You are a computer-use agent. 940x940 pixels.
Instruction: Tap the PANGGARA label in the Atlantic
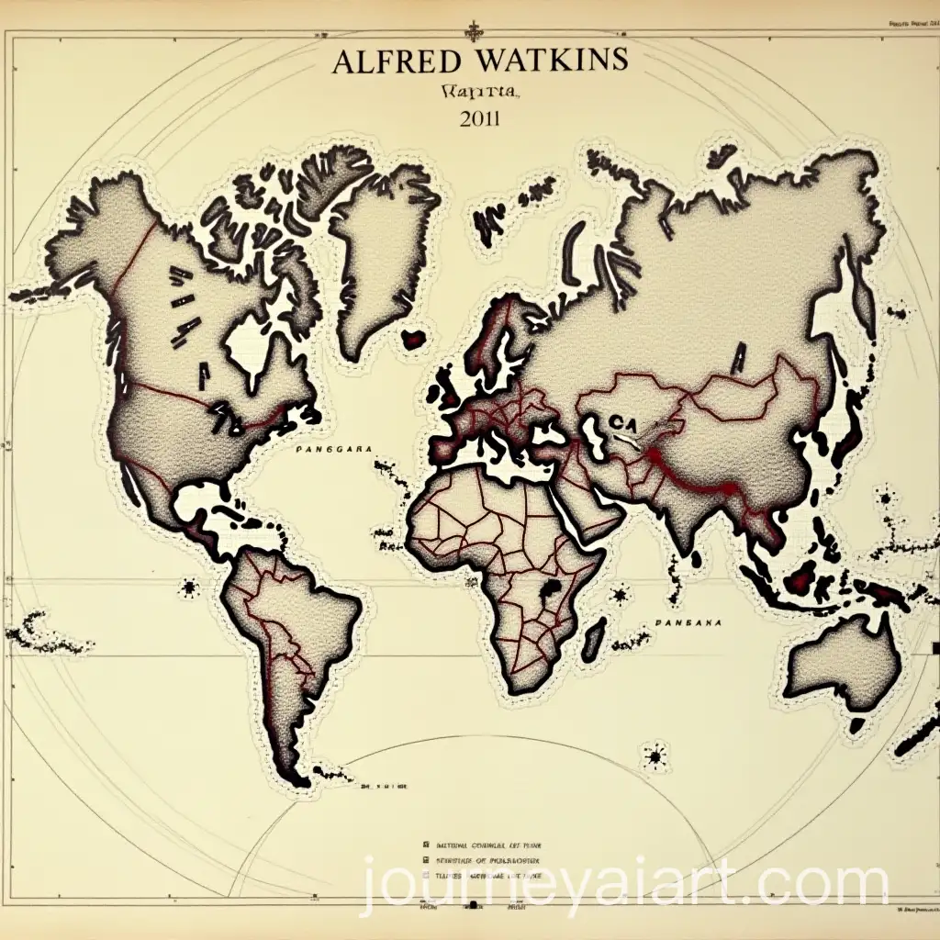(333, 450)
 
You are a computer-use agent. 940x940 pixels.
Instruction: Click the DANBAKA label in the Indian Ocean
(689, 621)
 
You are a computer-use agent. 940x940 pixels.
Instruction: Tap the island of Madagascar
(594, 633)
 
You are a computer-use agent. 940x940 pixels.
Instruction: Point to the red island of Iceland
(418, 338)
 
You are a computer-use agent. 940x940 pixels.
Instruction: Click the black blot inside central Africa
(552, 589)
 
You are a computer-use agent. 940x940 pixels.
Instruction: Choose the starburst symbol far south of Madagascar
(655, 756)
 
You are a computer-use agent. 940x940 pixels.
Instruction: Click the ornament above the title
(473, 30)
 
